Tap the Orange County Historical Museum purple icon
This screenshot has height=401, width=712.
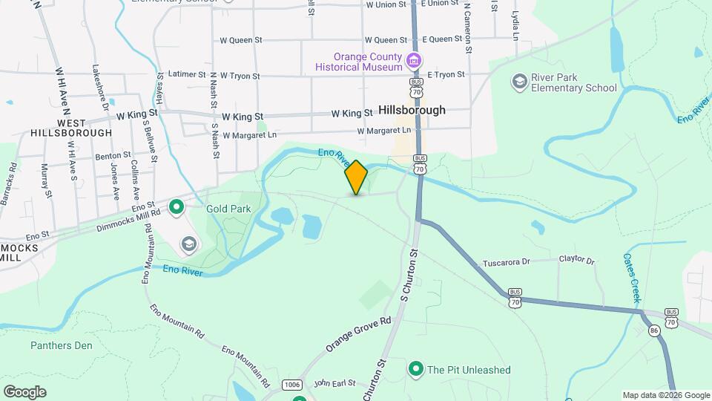pyautogui.click(x=414, y=60)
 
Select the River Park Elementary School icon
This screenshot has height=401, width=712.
pyautogui.click(x=520, y=80)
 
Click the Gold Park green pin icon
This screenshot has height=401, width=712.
pyautogui.click(x=177, y=206)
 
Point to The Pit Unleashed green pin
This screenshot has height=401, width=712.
pyautogui.click(x=416, y=368)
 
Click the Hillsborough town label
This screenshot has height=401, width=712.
pyautogui.click(x=412, y=110)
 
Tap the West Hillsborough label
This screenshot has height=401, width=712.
pyautogui.click(x=72, y=128)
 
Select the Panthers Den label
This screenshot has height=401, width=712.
pyautogui.click(x=62, y=345)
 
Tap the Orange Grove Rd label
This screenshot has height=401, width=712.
pyautogui.click(x=358, y=336)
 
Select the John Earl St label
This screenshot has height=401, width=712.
pyautogui.click(x=334, y=383)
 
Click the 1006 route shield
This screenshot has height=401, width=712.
pyautogui.click(x=292, y=384)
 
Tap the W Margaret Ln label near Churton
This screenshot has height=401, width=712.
pyautogui.click(x=384, y=131)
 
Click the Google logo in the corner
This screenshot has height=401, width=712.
pyautogui.click(x=24, y=391)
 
